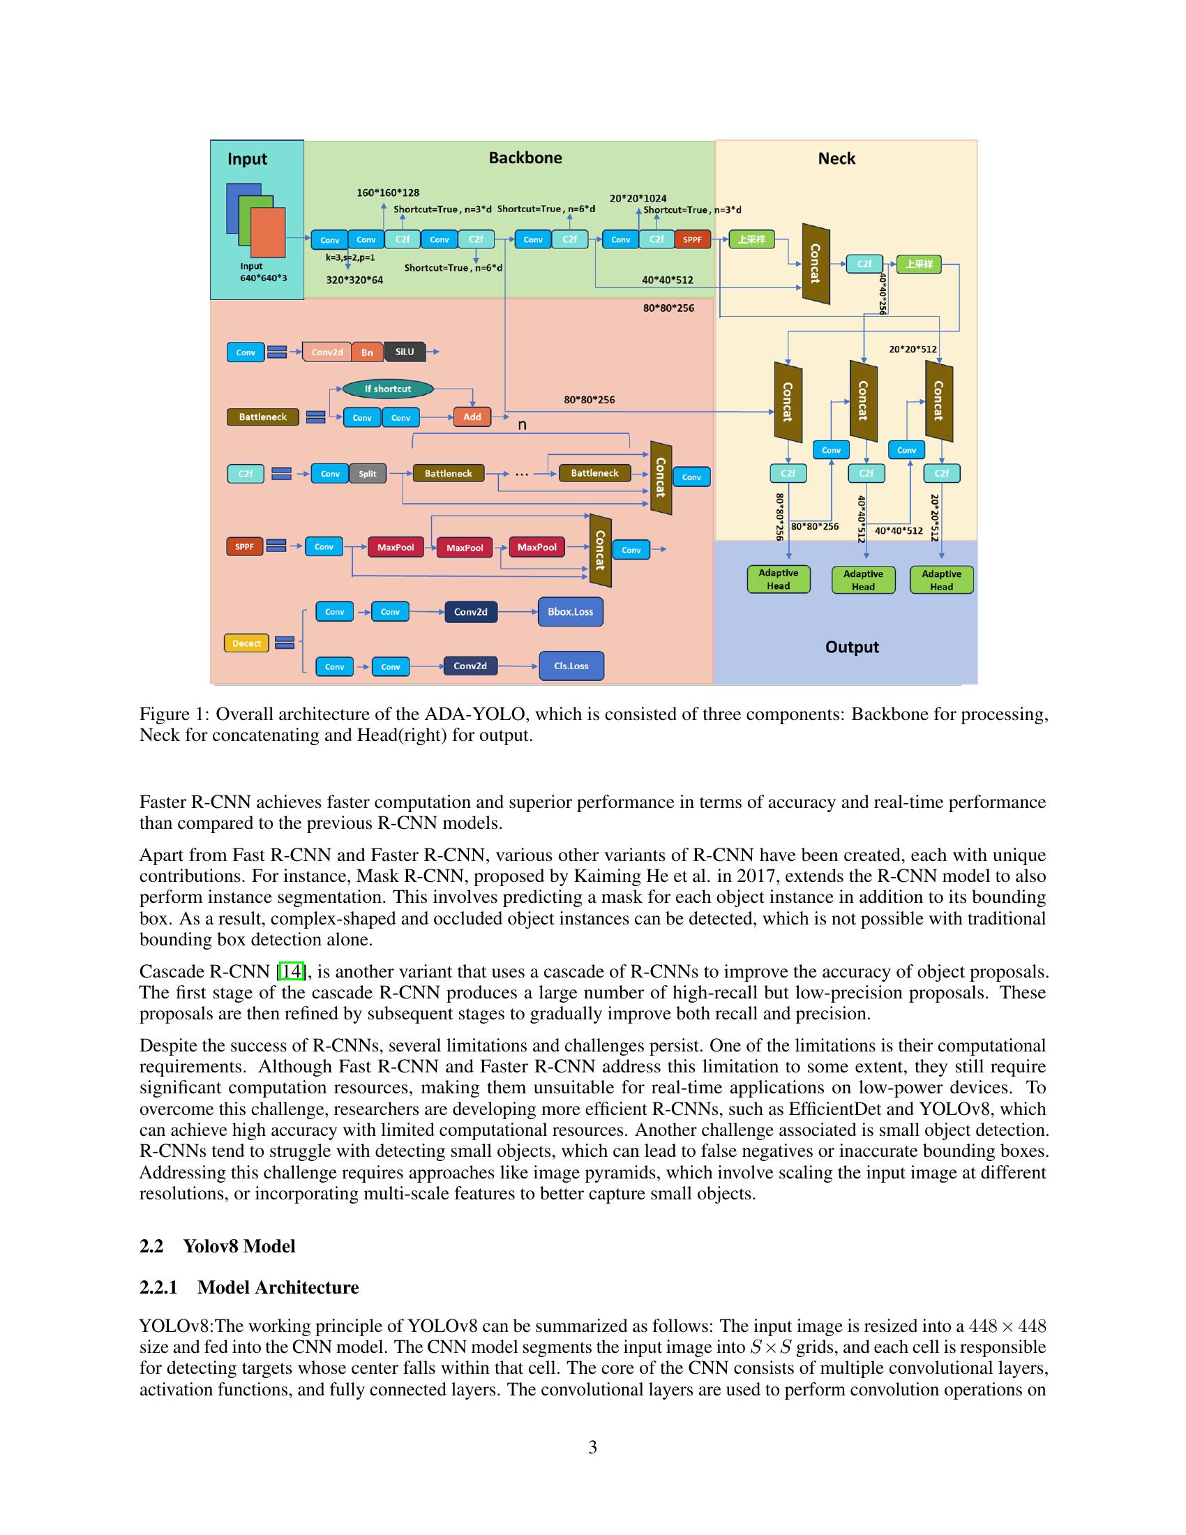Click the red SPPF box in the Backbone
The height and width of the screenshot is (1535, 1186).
pos(692,239)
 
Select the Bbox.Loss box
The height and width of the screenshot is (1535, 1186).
pos(570,611)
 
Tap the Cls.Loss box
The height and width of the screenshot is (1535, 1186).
pos(571,666)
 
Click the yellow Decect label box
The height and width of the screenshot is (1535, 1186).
pos(246,643)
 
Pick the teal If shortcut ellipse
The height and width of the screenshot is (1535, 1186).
pos(387,389)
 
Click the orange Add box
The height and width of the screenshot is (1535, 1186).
pos(472,417)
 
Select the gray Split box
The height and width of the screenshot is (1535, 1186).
pos(368,474)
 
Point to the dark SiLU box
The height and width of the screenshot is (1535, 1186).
pos(405,352)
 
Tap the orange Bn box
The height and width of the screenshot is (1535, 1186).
pos(367,352)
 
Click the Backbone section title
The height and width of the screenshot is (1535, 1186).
pos(525,158)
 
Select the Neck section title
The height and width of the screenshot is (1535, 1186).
pos(836,158)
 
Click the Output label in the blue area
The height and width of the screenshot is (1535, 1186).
pos(852,647)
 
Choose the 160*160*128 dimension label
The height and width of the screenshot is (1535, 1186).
pos(388,193)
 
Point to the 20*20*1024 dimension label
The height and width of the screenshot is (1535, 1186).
pos(638,198)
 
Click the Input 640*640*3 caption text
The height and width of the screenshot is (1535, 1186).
pos(263,272)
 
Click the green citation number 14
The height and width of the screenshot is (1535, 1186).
pos(291,971)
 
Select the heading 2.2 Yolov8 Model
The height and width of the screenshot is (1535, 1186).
pos(217,1246)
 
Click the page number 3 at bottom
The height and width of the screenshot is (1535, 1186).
pos(592,1447)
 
